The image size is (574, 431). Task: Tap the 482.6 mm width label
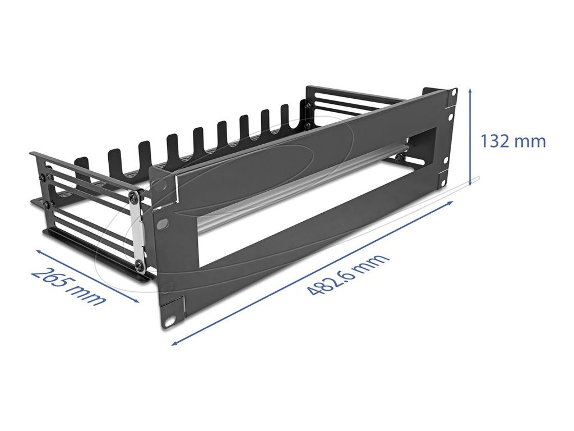click(348, 275)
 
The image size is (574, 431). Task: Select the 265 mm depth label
click(68, 286)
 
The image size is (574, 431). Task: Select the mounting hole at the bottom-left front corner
click(170, 322)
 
